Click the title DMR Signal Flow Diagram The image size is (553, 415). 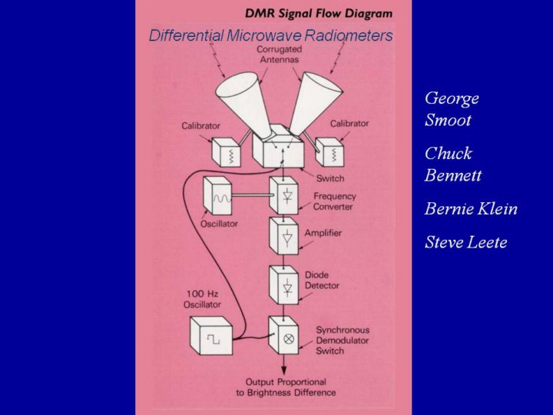tap(318, 13)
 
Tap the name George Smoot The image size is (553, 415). tap(452, 109)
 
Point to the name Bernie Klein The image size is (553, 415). tap(470, 209)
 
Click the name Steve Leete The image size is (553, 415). tap(465, 243)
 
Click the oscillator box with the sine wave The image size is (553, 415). tap(219, 197)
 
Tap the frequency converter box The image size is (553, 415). tap(283, 196)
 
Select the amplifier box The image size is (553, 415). tap(283, 237)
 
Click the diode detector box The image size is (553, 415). tap(283, 285)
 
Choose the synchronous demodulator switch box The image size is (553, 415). tap(283, 335)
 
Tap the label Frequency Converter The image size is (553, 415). tap(335, 201)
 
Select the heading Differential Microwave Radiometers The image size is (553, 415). tap(270, 35)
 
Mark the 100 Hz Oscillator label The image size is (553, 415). tap(202, 300)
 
